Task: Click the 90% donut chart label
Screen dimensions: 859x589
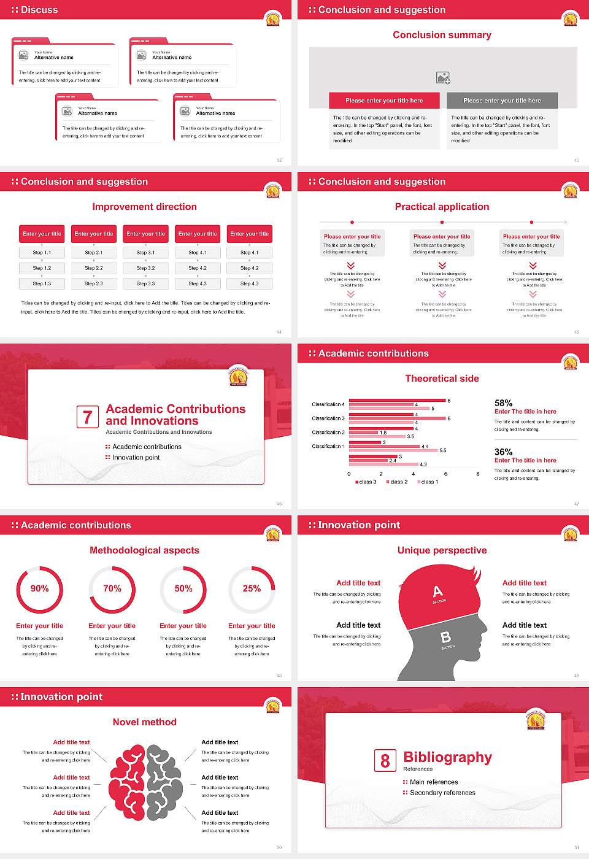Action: click(40, 588)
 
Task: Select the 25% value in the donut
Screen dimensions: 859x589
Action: click(252, 588)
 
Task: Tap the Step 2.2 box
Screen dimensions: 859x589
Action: click(94, 268)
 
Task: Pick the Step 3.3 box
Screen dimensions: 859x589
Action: click(146, 283)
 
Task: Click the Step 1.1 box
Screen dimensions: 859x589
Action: click(42, 253)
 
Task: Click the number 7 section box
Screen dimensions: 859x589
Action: click(87, 417)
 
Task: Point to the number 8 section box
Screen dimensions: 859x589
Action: click(385, 761)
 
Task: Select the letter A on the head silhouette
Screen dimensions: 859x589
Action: click(437, 591)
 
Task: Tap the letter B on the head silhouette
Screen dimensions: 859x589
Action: click(446, 638)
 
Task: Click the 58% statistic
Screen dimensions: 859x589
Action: click(503, 403)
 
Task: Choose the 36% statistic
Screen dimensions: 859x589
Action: click(503, 452)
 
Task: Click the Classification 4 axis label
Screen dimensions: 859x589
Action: click(328, 404)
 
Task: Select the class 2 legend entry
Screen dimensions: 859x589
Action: click(397, 482)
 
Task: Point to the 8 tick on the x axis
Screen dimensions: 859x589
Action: click(478, 474)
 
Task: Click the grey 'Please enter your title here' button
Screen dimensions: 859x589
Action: click(502, 101)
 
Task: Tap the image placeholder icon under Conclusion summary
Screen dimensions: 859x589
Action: click(443, 78)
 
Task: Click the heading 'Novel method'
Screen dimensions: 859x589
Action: click(145, 722)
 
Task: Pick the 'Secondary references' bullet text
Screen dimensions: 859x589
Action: click(442, 793)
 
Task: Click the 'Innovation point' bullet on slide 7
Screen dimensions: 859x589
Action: click(136, 458)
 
